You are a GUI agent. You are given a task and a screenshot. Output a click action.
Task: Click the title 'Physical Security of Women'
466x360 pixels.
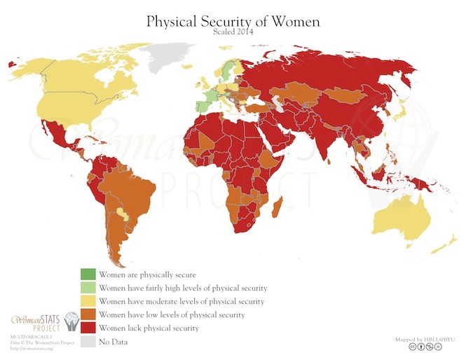pos(233,21)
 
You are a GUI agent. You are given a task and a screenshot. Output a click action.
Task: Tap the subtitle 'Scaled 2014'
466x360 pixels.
pos(233,32)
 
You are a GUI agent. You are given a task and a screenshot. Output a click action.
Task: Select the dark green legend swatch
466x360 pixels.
pos(87,275)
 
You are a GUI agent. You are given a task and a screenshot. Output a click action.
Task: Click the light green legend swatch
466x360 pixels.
pos(87,288)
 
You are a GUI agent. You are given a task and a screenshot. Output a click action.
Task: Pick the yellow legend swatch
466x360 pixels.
pos(87,301)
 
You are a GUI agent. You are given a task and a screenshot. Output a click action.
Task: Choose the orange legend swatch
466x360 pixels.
pos(87,314)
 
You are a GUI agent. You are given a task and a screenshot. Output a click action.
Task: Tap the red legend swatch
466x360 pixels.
pos(87,328)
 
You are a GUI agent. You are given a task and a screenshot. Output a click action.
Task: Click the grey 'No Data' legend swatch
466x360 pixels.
pos(87,341)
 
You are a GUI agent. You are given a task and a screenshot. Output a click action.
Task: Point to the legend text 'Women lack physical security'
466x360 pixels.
pos(149,328)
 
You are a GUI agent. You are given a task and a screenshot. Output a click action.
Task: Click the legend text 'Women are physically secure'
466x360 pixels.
pos(148,275)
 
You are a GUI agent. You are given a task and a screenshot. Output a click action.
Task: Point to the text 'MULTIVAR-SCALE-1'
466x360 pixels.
pos(27,337)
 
